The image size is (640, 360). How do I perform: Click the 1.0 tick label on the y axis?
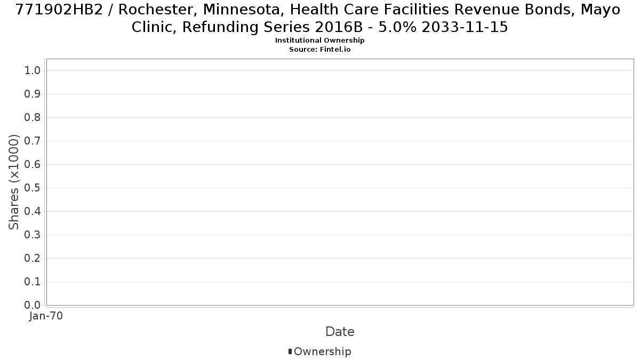pyautogui.click(x=33, y=70)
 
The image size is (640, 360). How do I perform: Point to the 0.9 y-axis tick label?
pyautogui.click(x=33, y=94)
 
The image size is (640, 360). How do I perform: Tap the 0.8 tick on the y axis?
pyautogui.click(x=33, y=117)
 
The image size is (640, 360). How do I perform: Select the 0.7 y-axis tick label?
pyautogui.click(x=33, y=141)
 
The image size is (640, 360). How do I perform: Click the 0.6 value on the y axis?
pyautogui.click(x=33, y=164)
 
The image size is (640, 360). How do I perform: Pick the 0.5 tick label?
pyautogui.click(x=33, y=188)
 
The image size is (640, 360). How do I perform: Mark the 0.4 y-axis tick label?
pyautogui.click(x=33, y=211)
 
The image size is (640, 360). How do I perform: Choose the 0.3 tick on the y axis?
pyautogui.click(x=33, y=235)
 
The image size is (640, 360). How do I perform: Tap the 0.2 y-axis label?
pyautogui.click(x=33, y=258)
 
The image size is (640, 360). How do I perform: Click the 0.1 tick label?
pyautogui.click(x=33, y=282)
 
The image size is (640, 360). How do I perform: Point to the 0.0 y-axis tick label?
pyautogui.click(x=33, y=305)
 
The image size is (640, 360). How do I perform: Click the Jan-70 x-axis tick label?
pyautogui.click(x=46, y=316)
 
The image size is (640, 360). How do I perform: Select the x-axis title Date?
pyautogui.click(x=340, y=332)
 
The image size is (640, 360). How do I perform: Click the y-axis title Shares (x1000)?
pyautogui.click(x=13, y=182)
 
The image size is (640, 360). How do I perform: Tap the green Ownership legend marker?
pyautogui.click(x=290, y=351)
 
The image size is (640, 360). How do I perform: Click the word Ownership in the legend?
pyautogui.click(x=323, y=351)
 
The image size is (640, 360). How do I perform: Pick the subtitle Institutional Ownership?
pyautogui.click(x=319, y=41)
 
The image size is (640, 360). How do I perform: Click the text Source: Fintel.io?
pyautogui.click(x=319, y=50)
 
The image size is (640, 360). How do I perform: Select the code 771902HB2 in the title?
pyautogui.click(x=59, y=10)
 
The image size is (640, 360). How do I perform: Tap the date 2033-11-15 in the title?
pyautogui.click(x=465, y=27)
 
